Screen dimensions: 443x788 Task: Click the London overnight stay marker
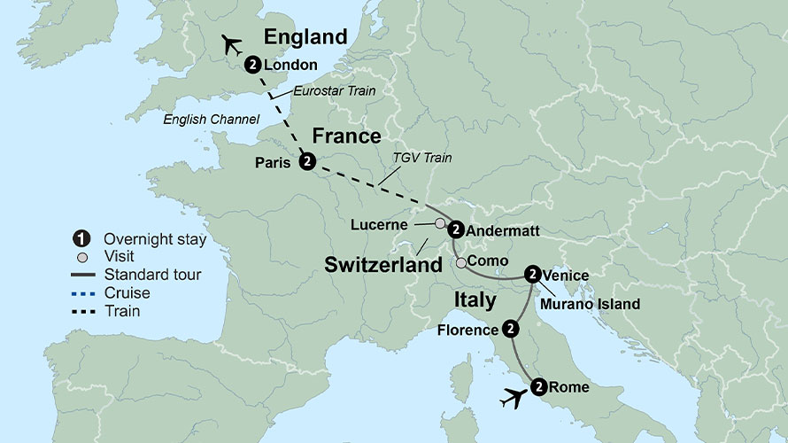253,64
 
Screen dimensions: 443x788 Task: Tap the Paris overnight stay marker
307,160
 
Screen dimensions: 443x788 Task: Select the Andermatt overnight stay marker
455,229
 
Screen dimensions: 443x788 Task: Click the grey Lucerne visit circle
440,223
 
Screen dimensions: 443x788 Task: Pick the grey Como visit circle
460,262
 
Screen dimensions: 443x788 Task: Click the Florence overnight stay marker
511,329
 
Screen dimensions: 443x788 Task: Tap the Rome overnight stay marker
539,385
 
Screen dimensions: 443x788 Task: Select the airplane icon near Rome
511,399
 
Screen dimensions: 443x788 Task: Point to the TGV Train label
422,158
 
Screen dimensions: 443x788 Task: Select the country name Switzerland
382,264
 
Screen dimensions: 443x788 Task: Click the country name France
346,136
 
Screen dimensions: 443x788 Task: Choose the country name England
305,37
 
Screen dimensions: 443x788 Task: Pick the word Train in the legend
121,311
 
